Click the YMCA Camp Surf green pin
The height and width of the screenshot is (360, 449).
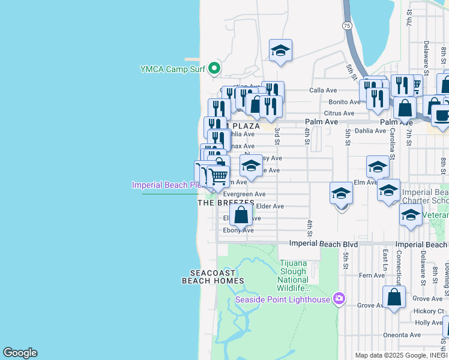tap(214, 70)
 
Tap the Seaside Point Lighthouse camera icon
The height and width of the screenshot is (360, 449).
tap(339, 299)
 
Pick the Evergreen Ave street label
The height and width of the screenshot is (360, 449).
tap(244, 194)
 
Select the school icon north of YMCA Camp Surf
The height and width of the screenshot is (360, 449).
tap(280, 50)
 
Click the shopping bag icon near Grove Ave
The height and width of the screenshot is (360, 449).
tap(394, 297)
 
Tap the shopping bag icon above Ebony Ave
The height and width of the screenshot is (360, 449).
tap(241, 214)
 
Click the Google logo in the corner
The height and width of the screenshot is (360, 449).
tap(20, 353)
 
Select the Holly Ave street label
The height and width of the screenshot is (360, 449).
tap(429, 323)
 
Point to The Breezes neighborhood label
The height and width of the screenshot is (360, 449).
tap(222, 203)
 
